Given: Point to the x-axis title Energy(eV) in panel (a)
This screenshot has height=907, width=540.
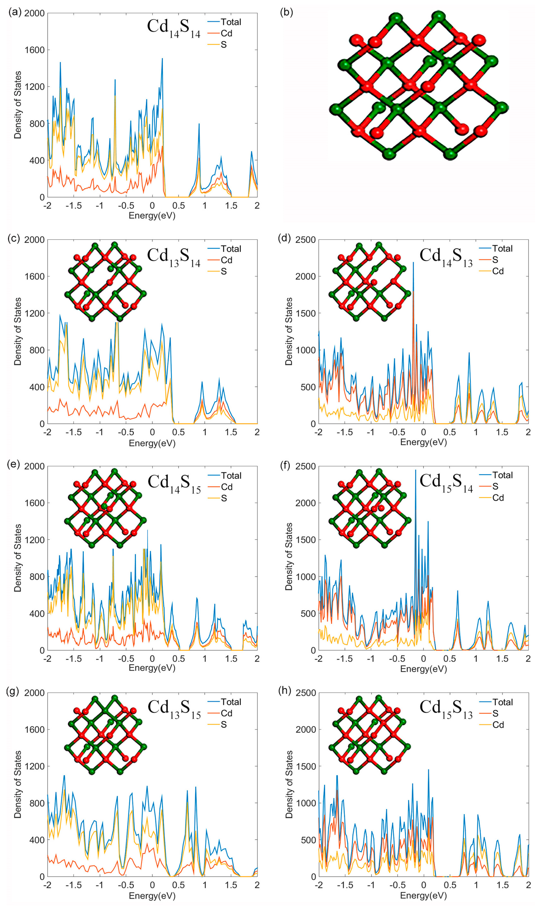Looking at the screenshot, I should coord(152,215).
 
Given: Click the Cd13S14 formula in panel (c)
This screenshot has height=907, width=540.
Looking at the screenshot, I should coord(174,257).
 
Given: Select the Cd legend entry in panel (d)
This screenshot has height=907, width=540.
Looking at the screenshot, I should coord(497,271).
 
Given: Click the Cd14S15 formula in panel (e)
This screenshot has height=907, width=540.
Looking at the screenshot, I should coord(174,484).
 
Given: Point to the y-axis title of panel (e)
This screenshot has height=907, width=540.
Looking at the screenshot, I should coord(17,558).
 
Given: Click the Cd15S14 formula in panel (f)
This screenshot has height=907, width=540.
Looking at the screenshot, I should coord(446,483).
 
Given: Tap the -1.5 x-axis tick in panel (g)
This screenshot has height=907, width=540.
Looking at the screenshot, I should coord(73,885).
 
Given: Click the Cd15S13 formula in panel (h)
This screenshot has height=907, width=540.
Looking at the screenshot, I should coord(446,709).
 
